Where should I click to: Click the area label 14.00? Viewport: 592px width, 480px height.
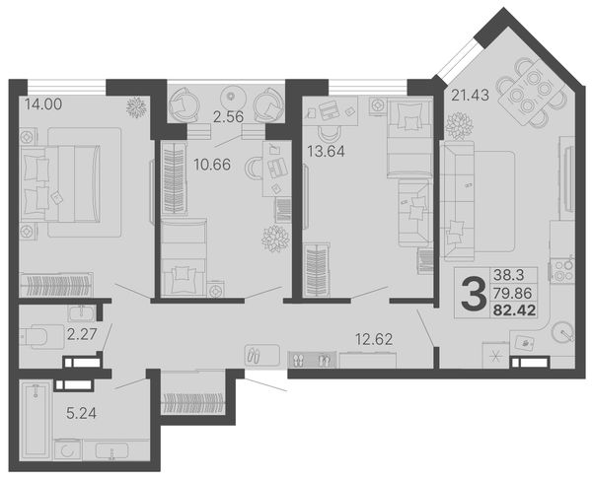43,104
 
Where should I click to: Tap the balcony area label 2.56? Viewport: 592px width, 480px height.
228,117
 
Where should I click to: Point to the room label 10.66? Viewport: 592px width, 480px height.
211,165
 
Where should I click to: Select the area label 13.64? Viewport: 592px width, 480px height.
326,151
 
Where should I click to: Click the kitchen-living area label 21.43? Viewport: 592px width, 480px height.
470,95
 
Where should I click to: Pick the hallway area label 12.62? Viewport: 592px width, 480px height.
374,339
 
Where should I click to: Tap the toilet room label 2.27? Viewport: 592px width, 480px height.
82,334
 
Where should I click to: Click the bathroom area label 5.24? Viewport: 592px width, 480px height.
81,414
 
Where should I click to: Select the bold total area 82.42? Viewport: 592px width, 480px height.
515,310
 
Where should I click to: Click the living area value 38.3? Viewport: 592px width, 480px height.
508,275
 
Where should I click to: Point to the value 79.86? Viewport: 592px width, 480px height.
512,293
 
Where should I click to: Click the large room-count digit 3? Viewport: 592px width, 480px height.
474,293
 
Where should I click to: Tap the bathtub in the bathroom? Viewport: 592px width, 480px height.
36,420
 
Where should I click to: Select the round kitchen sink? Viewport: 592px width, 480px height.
562,332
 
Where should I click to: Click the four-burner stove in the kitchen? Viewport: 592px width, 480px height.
561,271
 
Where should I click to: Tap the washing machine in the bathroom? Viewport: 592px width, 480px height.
68,449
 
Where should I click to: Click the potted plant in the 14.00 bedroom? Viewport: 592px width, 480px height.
136,107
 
